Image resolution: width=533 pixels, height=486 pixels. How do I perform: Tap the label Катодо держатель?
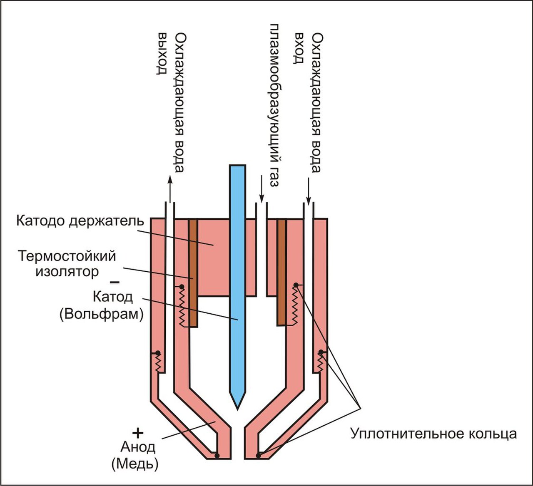(80, 221)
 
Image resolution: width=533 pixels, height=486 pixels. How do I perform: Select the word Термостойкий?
(66, 255)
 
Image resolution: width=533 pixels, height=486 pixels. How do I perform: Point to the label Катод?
(113, 297)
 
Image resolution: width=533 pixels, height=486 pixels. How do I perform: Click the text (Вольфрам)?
(102, 314)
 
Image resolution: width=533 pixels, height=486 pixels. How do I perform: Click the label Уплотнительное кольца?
(433, 434)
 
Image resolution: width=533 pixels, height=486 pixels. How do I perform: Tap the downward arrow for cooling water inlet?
(309, 189)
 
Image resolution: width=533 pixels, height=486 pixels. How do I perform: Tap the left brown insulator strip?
(193, 273)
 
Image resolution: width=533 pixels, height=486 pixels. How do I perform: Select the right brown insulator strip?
(282, 273)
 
